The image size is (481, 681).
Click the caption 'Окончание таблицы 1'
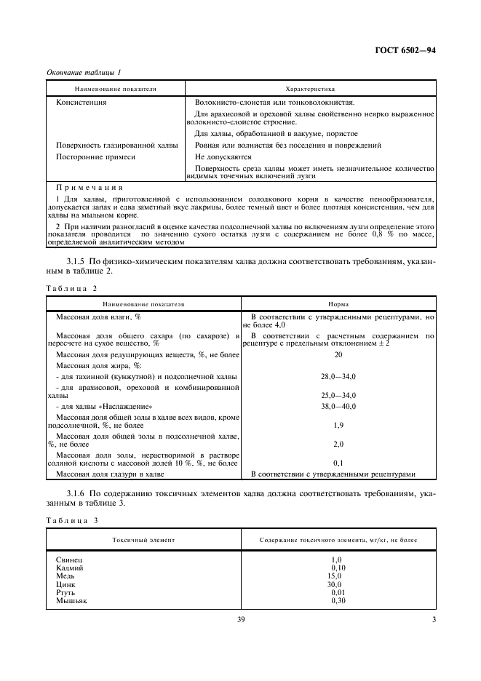pyautogui.click(x=84, y=72)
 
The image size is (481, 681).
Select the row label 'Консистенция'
pyautogui.click(x=82, y=103)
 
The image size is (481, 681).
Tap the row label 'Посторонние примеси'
pyautogui.click(x=96, y=156)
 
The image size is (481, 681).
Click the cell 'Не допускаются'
pyautogui.click(x=223, y=156)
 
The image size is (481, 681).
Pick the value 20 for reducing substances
pyautogui.click(x=338, y=354)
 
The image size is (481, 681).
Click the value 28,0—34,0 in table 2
pyautogui.click(x=338, y=377)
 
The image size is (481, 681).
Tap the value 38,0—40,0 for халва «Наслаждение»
pyautogui.click(x=338, y=406)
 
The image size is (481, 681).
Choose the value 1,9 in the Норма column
pyautogui.click(x=338, y=425)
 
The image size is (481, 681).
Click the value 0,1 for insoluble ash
pyautogui.click(x=338, y=463)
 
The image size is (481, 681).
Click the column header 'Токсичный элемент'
pyautogui.click(x=143, y=541)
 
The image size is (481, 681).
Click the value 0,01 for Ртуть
pyautogui.click(x=337, y=592)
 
